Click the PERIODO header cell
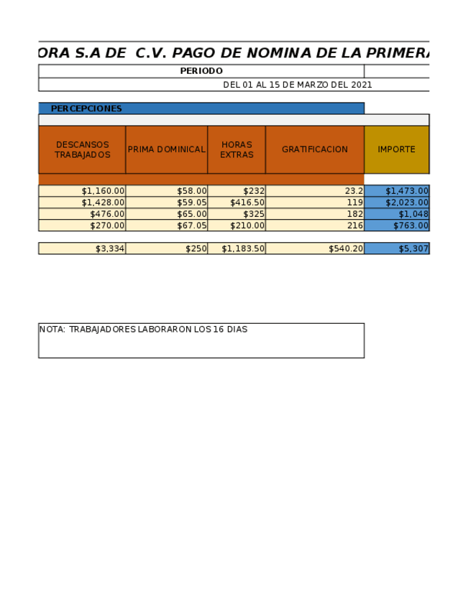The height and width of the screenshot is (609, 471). [x=201, y=71]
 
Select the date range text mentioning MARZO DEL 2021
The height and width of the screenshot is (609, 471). [x=297, y=85]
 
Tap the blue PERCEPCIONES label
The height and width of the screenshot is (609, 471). [x=86, y=108]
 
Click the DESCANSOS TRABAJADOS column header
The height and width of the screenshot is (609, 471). [x=82, y=149]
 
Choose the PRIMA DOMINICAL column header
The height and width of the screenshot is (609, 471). [x=166, y=149]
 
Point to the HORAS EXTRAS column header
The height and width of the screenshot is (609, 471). [x=237, y=149]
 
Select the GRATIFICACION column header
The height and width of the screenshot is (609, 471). [x=314, y=149]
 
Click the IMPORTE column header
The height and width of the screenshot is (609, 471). [x=396, y=149]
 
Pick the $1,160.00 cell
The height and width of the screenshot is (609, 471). [x=103, y=191]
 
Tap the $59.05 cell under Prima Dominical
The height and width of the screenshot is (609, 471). [x=192, y=203]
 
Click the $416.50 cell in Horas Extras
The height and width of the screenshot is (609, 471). [x=247, y=203]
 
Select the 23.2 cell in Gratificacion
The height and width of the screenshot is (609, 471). [x=354, y=191]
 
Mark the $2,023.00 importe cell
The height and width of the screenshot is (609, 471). [x=407, y=203]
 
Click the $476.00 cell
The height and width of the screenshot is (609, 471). [x=107, y=214]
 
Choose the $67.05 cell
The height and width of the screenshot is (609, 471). [x=192, y=226]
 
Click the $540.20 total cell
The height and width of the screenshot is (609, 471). [x=345, y=248]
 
